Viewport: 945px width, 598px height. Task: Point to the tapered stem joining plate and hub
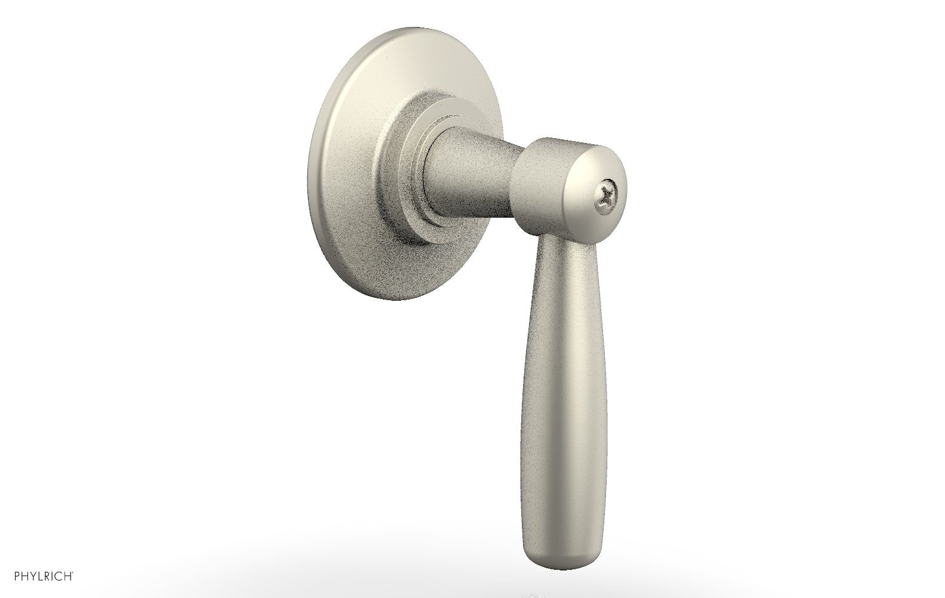472,179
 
